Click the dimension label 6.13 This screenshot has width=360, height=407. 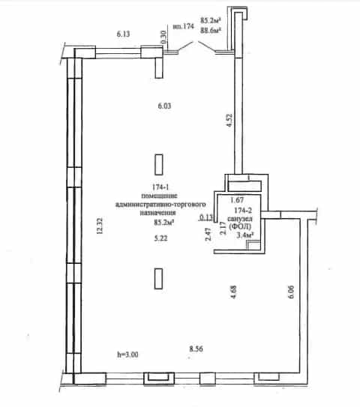tap(123, 34)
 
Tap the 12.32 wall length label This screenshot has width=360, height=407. tap(100, 226)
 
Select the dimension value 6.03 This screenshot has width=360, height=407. tap(164, 106)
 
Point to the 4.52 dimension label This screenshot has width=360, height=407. tap(229, 121)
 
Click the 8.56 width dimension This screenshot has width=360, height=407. tap(196, 349)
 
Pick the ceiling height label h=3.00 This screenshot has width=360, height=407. tap(127, 355)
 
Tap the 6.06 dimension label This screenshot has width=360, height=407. tap(291, 292)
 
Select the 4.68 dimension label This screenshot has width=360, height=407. tap(233, 292)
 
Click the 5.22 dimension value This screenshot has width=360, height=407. tap(160, 238)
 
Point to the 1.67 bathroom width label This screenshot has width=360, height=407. tap(237, 200)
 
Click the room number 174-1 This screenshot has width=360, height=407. tap(160, 187)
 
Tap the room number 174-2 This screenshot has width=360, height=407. tap(243, 210)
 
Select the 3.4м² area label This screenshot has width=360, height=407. tap(244, 235)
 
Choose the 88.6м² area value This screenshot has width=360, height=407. tap(211, 30)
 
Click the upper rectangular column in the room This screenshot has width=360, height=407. tap(159, 165)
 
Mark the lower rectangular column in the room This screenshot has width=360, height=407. tap(159, 279)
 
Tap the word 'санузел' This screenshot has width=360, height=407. tap(240, 219)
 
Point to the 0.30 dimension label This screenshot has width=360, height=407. tap(163, 37)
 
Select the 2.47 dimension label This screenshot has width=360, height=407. tap(208, 234)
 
